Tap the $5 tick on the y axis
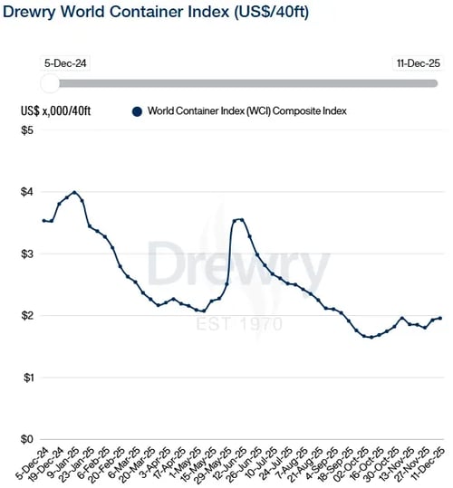click(x=27, y=130)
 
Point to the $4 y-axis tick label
click(x=27, y=192)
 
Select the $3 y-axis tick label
click(x=27, y=254)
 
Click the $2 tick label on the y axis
click(x=27, y=315)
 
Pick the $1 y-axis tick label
click(x=27, y=377)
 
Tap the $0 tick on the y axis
click(x=27, y=438)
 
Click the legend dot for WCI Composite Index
click(x=137, y=111)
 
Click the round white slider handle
click(x=51, y=83)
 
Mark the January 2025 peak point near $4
click(x=74, y=192)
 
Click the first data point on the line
click(x=44, y=220)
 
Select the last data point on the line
click(x=440, y=318)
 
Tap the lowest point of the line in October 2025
click(x=371, y=337)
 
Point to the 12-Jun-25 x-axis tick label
click(x=242, y=463)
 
